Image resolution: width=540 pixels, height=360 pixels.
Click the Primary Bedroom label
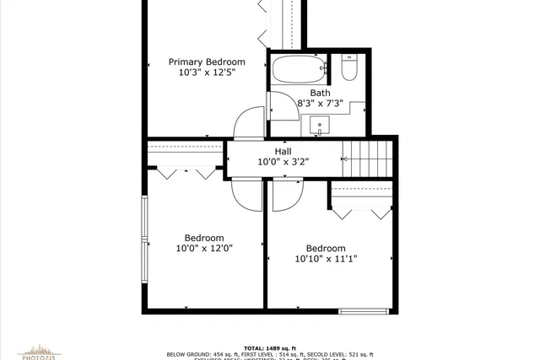207,62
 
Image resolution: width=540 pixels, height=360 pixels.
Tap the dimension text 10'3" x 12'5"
207,73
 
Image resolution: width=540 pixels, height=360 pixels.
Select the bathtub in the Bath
298,70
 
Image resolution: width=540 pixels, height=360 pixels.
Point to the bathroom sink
320,127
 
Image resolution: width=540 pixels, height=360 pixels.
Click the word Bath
320,93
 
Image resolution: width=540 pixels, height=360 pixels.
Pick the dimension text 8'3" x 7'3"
320,104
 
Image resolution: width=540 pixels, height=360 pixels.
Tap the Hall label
283,151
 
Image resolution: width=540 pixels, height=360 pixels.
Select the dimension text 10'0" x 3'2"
283,162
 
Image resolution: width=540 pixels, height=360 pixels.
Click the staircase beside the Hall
367,158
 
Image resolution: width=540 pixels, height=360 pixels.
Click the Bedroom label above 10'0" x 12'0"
204,238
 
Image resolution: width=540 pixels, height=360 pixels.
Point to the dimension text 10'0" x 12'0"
204,249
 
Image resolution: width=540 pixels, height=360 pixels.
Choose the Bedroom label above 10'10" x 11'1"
326,248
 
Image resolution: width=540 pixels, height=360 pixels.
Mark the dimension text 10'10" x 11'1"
326,259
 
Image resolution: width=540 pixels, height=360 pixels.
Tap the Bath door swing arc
279,105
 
